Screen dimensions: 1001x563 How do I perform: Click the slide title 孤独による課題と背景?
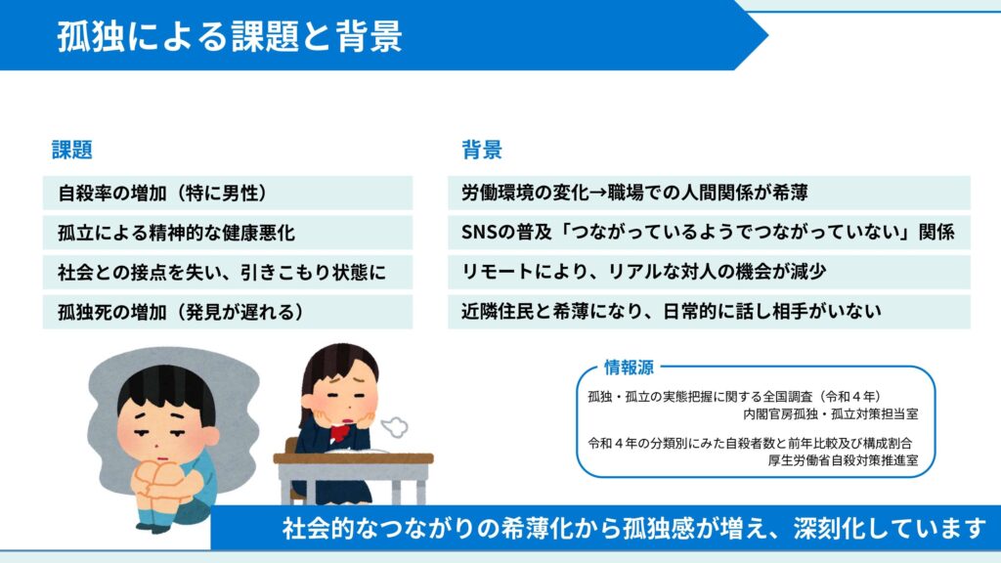click(x=230, y=36)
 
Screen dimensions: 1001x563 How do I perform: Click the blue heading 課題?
click(x=72, y=150)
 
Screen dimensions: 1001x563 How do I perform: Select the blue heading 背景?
click(x=482, y=150)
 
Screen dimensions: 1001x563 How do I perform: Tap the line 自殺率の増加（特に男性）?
click(x=163, y=193)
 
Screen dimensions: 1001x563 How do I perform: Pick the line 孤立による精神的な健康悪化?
click(x=176, y=233)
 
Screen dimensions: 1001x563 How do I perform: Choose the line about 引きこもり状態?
click(x=222, y=273)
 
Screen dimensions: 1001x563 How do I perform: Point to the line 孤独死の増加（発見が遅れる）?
click(x=181, y=312)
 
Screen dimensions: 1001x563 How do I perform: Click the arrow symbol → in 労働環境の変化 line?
click(x=598, y=193)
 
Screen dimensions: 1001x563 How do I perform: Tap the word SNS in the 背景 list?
click(x=479, y=233)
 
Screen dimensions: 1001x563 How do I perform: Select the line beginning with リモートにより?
click(x=643, y=272)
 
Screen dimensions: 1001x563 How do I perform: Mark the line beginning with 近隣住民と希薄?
click(x=671, y=312)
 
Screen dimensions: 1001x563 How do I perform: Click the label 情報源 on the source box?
click(x=629, y=368)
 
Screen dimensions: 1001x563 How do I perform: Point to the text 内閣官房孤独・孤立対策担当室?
click(x=831, y=414)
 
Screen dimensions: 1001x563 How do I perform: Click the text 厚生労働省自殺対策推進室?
click(x=843, y=460)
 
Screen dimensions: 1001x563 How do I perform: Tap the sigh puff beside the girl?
click(x=394, y=427)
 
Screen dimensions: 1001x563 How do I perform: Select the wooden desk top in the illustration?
click(x=353, y=458)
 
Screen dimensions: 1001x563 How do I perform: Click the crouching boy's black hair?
click(x=167, y=388)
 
